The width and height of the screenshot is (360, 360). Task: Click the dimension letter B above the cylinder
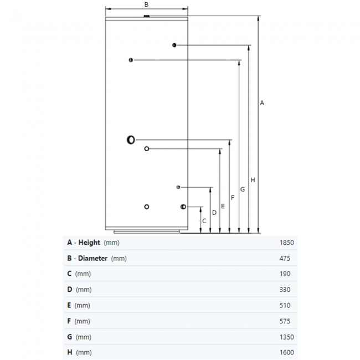click(x=146, y=4)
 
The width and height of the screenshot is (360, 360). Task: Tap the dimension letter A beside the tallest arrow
click(x=262, y=103)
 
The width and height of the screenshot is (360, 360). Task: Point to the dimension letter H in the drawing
click(x=253, y=180)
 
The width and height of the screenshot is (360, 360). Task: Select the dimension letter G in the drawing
click(x=243, y=189)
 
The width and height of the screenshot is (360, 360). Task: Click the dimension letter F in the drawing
click(x=233, y=198)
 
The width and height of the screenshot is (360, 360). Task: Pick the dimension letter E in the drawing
click(x=223, y=206)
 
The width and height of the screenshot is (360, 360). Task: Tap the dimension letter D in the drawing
click(x=214, y=213)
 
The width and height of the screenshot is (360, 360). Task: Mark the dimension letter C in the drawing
click(x=204, y=221)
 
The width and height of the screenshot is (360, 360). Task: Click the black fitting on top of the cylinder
click(x=146, y=16)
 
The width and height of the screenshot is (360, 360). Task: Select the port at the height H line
click(x=174, y=45)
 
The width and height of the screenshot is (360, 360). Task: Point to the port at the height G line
click(x=131, y=60)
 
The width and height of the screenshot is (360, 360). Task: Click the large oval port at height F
click(x=131, y=140)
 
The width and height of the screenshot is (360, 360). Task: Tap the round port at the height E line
click(x=147, y=149)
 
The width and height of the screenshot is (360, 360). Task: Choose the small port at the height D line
click(x=178, y=187)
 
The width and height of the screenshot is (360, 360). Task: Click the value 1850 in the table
click(x=286, y=243)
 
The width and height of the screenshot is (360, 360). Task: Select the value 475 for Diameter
click(x=285, y=259)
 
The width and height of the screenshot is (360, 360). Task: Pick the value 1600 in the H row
click(x=286, y=352)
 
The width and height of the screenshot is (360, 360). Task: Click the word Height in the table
click(x=89, y=243)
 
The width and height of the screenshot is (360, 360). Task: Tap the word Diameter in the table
click(x=92, y=258)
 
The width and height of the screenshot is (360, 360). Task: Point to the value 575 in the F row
click(x=285, y=321)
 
